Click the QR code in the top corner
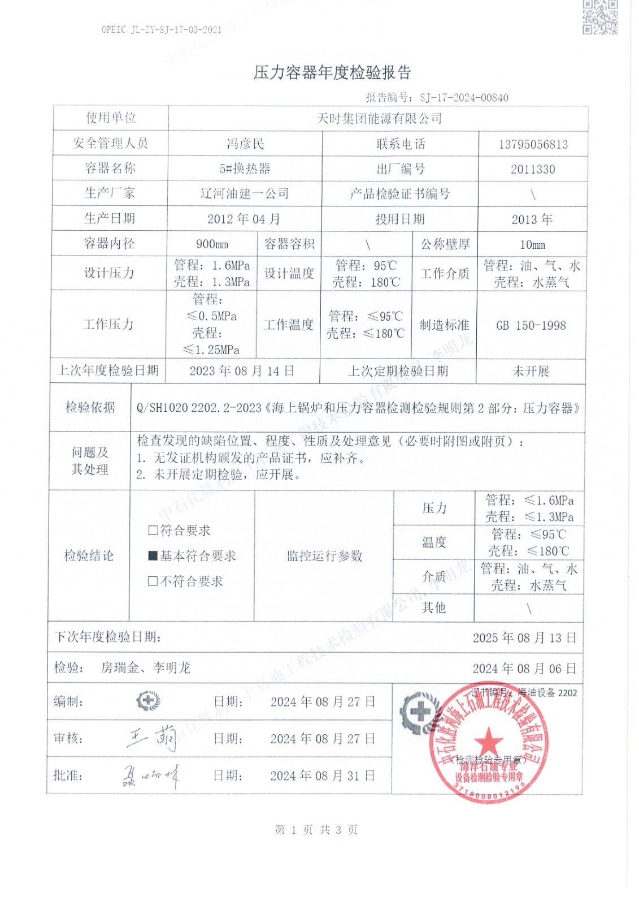pyautogui.click(x=601, y=17)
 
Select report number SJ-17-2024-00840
pyautogui.click(x=464, y=97)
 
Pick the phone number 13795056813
pyautogui.click(x=533, y=144)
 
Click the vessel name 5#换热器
pyautogui.click(x=244, y=169)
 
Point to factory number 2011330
pyautogui.click(x=533, y=169)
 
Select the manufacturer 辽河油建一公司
pyautogui.click(x=244, y=193)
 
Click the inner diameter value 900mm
pyautogui.click(x=212, y=244)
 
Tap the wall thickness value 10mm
pyautogui.click(x=532, y=244)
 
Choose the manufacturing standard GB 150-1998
pyautogui.click(x=531, y=325)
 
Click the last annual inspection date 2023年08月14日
pyautogui.click(x=242, y=371)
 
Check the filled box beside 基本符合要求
pyautogui.click(x=153, y=556)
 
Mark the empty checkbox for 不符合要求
pyautogui.click(x=153, y=581)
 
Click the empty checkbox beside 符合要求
pyautogui.click(x=153, y=531)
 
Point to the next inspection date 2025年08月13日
pyautogui.click(x=524, y=637)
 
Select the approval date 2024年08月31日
pyautogui.click(x=323, y=775)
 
